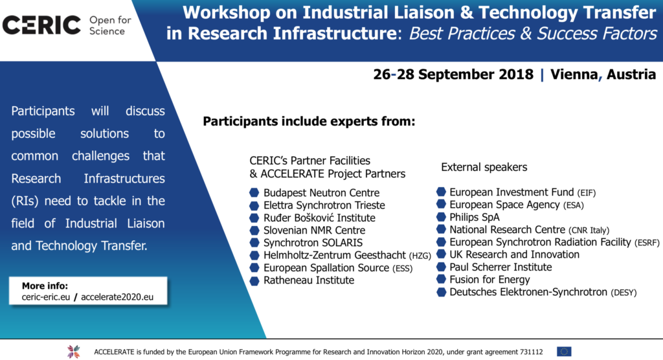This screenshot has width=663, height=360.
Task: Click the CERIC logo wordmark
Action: pos(41,25)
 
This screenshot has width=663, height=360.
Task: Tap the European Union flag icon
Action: pos(564,352)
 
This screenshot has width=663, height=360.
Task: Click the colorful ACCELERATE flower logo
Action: pos(74,352)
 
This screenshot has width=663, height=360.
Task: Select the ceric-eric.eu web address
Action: pos(46,297)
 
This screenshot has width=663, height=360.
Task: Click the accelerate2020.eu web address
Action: pos(117,297)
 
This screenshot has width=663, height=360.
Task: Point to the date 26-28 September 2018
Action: pos(453,74)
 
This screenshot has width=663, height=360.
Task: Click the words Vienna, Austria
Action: pos(603,74)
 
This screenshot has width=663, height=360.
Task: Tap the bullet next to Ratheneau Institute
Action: pos(254,281)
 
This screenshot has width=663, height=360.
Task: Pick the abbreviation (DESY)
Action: pos(624,293)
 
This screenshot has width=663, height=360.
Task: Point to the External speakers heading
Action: pos(484,167)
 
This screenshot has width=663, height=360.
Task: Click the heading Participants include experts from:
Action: pos(309,122)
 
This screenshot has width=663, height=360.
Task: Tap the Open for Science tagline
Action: pos(110,25)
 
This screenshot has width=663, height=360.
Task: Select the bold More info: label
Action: pos(45,286)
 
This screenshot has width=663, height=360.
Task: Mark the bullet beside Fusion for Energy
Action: pos(441,279)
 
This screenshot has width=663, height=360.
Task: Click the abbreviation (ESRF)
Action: pos(647,243)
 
